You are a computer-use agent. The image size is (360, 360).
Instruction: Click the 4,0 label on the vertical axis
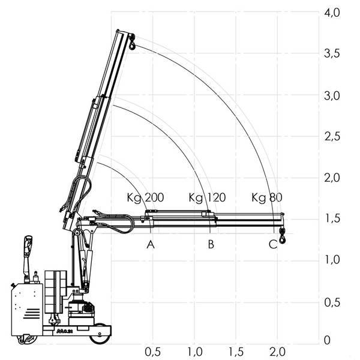(x=332, y=13)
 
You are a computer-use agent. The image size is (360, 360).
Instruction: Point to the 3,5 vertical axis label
(x=332, y=54)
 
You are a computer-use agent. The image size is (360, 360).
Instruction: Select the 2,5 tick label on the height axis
(x=332, y=137)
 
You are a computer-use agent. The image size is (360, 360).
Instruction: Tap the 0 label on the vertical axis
(x=327, y=340)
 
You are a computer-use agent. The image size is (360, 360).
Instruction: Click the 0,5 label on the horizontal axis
(x=153, y=352)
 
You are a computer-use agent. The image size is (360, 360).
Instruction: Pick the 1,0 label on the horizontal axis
(x=194, y=352)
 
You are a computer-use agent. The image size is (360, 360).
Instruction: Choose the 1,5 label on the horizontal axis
(x=236, y=352)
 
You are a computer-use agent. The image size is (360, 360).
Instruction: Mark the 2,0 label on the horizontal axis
(x=277, y=352)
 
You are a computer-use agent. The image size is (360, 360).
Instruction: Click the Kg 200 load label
(x=145, y=197)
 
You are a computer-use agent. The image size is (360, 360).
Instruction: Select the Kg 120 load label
(x=207, y=197)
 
